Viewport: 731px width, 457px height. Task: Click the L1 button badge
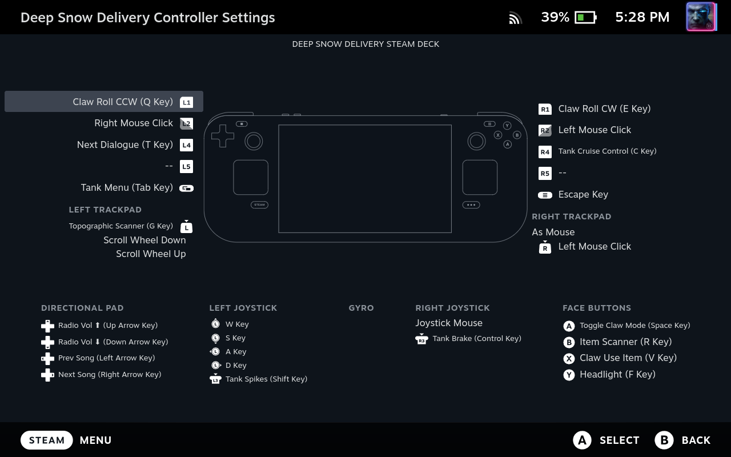pyautogui.click(x=186, y=102)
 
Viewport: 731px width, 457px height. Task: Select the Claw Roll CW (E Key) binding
pyautogui.click(x=604, y=109)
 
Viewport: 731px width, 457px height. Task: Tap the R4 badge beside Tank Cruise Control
pyautogui.click(x=545, y=152)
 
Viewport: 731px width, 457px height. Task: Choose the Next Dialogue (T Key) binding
pyautogui.click(x=125, y=145)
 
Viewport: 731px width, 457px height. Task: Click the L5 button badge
pyautogui.click(x=186, y=166)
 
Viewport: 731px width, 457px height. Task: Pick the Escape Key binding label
pyautogui.click(x=583, y=195)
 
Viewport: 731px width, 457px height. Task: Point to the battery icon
pyautogui.click(x=585, y=17)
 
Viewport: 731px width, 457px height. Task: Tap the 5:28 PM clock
pyautogui.click(x=642, y=17)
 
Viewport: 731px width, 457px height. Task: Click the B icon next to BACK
pyautogui.click(x=664, y=440)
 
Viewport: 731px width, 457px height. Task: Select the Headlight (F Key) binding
pyautogui.click(x=617, y=374)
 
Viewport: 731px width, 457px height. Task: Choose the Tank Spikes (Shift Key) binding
pyautogui.click(x=266, y=379)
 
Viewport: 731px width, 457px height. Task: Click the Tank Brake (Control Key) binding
pyautogui.click(x=477, y=339)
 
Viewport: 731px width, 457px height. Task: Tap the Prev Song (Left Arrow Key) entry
pyautogui.click(x=106, y=358)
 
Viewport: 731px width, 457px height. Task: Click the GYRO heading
pyautogui.click(x=361, y=308)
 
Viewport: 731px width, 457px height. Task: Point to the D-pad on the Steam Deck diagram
pyautogui.click(x=223, y=136)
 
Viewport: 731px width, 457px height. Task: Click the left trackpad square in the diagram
pyautogui.click(x=251, y=177)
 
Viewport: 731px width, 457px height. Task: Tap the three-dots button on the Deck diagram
pyautogui.click(x=471, y=205)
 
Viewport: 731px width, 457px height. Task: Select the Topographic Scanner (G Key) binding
pyautogui.click(x=121, y=226)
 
